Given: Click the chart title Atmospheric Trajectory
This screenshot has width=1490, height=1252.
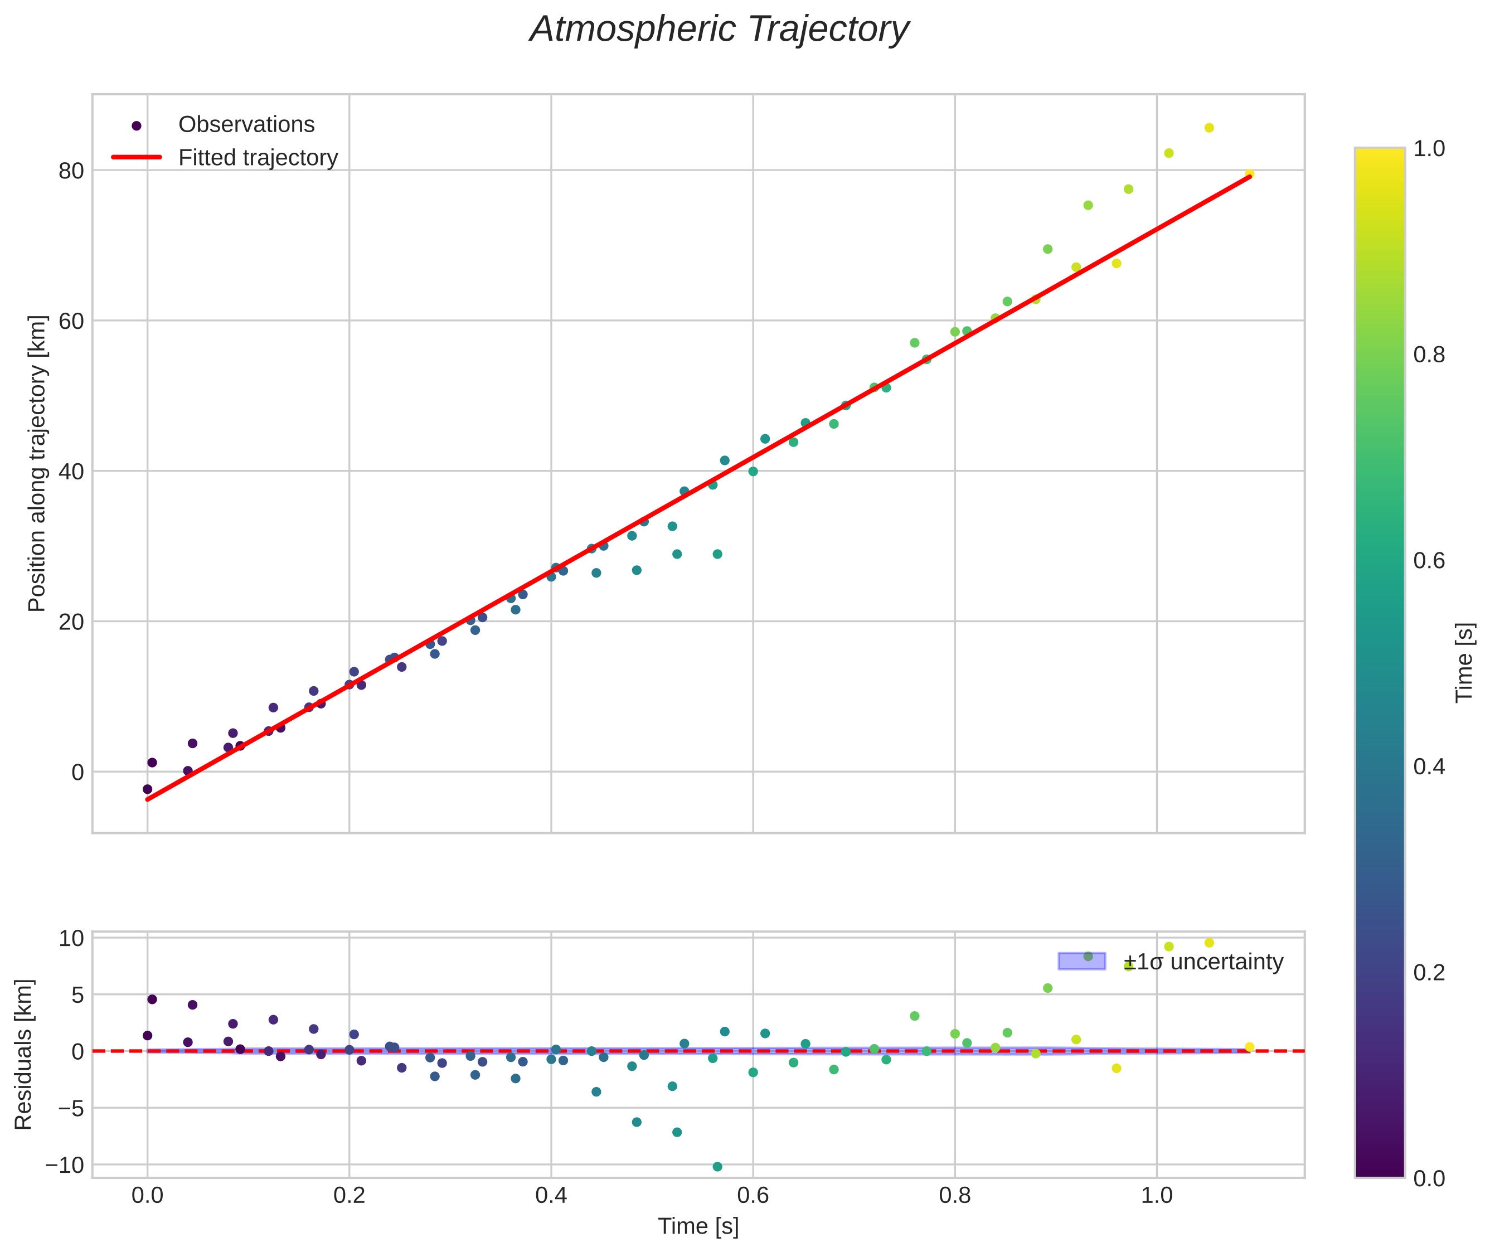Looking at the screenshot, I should (719, 30).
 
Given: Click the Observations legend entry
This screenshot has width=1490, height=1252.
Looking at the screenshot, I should (246, 125).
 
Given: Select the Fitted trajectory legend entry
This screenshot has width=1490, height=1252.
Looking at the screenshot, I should (258, 158).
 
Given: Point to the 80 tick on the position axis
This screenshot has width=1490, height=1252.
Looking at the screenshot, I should (71, 171).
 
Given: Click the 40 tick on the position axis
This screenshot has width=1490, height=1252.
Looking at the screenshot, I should (71, 471).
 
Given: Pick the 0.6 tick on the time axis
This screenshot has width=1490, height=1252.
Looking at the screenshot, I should (753, 1195).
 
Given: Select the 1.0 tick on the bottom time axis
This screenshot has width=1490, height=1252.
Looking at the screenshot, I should (1156, 1195).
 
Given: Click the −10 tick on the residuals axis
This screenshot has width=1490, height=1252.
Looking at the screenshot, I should (65, 1166).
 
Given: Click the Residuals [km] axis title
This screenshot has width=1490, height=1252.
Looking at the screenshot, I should (24, 1054).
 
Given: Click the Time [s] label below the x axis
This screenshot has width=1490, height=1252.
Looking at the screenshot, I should (698, 1226).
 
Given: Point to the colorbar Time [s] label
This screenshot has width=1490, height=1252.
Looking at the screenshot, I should (1464, 662).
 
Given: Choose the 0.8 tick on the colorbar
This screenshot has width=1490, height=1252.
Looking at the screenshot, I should (1428, 355).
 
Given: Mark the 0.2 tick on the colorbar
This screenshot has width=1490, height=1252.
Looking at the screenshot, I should (1428, 972).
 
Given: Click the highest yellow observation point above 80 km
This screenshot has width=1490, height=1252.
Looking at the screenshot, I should (1209, 128).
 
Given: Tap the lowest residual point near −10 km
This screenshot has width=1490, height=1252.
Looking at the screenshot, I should (717, 1167).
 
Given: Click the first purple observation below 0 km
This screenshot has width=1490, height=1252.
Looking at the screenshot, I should (147, 789).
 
